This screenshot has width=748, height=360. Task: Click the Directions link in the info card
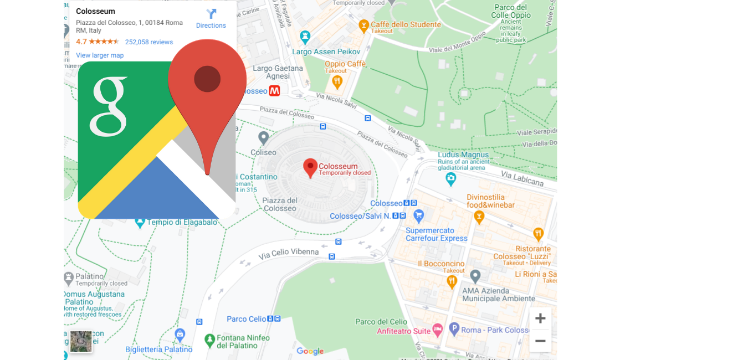[x=211, y=19]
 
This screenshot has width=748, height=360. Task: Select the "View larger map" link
[x=100, y=55]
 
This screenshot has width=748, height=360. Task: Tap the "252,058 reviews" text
[x=148, y=42]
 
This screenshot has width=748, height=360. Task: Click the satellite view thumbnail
[x=81, y=341]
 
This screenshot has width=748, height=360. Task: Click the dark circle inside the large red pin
[x=207, y=79]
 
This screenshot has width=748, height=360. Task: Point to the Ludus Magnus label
[x=463, y=155]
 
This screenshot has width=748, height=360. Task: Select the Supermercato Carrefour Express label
[x=437, y=234]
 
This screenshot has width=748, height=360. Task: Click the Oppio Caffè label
[x=345, y=64]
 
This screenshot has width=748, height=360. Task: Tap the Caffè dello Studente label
[x=406, y=24]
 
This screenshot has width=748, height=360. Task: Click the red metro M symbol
[x=274, y=91]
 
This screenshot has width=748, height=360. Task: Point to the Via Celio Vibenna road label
[x=289, y=253]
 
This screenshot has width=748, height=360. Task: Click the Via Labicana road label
[x=522, y=178]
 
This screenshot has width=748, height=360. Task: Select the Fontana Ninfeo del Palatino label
[x=243, y=341]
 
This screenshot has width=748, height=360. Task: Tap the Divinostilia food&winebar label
[x=490, y=200]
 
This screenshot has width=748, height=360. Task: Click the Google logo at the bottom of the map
[x=310, y=351]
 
